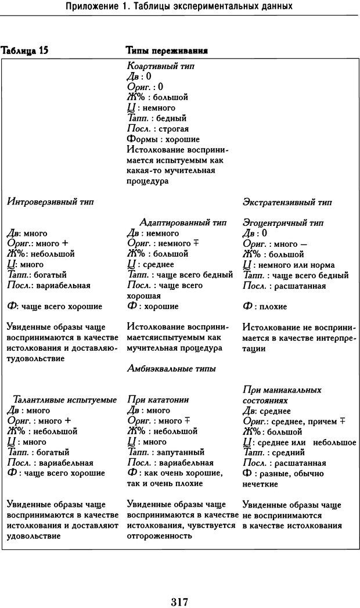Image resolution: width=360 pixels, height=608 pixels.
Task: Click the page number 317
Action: pos(179,585)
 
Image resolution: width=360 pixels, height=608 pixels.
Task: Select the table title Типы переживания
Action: pos(167,51)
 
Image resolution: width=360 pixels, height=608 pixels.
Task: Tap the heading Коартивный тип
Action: pos(160,66)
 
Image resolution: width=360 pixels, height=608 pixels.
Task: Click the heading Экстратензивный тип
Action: pos(286,202)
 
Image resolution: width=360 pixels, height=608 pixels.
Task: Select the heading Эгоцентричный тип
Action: pos(283,222)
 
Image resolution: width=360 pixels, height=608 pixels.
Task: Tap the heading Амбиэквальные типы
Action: pos(171,368)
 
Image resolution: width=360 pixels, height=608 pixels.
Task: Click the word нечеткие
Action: pos(261,484)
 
